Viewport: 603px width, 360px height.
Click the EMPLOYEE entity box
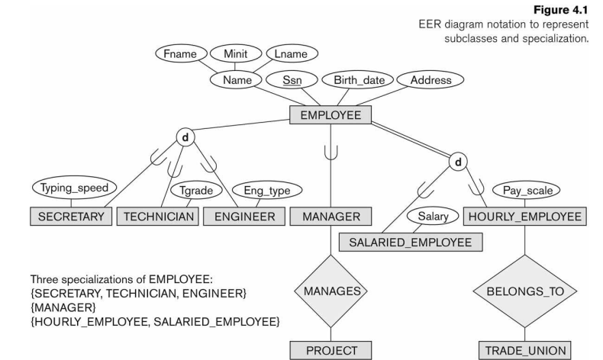pyautogui.click(x=331, y=115)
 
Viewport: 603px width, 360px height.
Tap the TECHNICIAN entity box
pyautogui.click(x=159, y=216)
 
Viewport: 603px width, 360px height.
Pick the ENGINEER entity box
pyautogui.click(x=244, y=216)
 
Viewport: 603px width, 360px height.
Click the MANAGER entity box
pyautogui.click(x=331, y=216)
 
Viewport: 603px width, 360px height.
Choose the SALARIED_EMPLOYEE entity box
pyautogui.click(x=410, y=242)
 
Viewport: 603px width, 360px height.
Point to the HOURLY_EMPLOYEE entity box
pyautogui.click(x=525, y=216)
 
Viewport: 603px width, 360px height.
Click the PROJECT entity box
pyautogui.click(x=331, y=350)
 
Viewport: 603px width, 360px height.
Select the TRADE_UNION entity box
pyautogui.click(x=524, y=350)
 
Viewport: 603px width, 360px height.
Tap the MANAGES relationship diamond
pyautogui.click(x=331, y=291)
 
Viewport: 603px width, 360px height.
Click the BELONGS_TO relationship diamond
pyautogui.click(x=524, y=291)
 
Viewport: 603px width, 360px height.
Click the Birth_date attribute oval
pyautogui.click(x=357, y=79)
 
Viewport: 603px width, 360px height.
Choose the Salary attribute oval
pyautogui.click(x=433, y=217)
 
